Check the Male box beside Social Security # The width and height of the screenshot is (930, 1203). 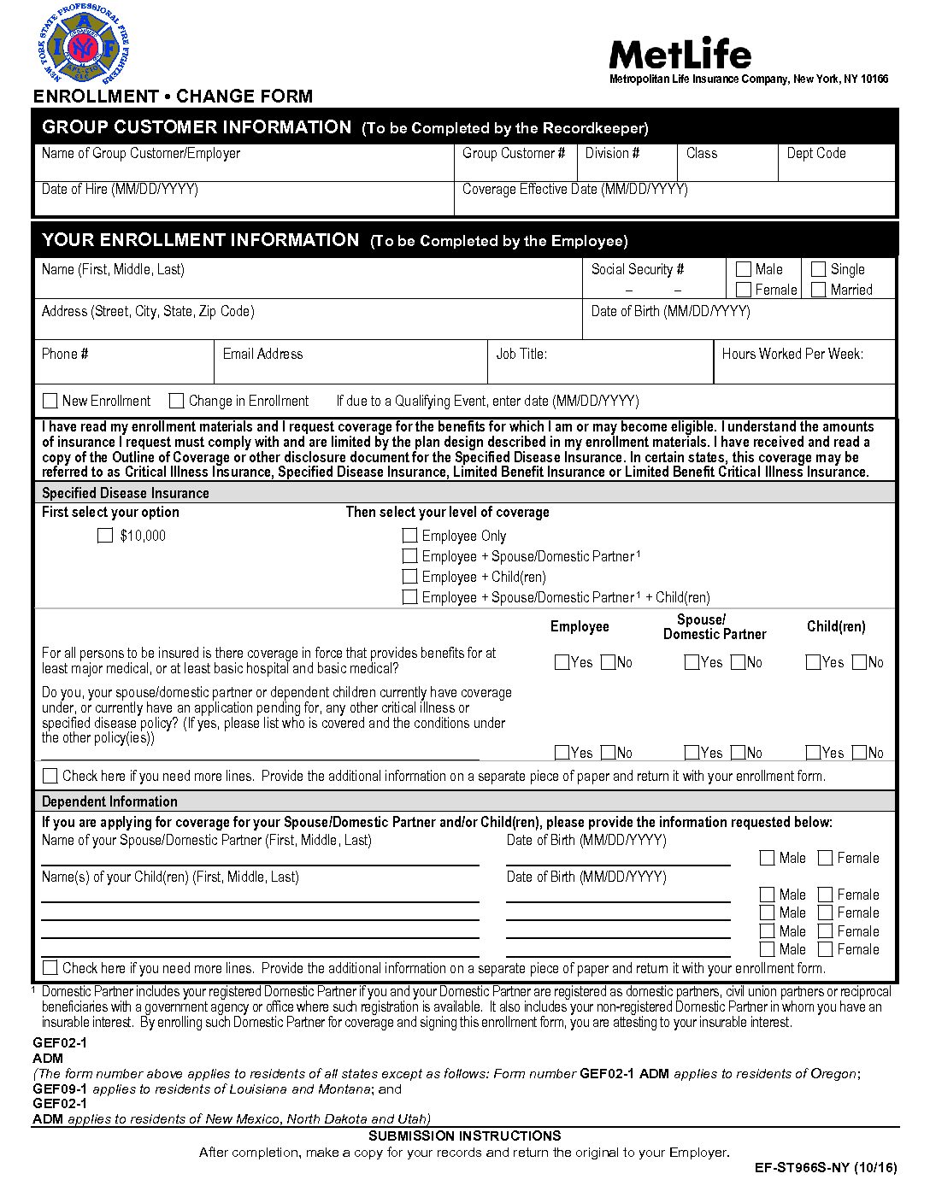coord(744,269)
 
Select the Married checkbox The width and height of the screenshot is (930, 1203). coord(818,290)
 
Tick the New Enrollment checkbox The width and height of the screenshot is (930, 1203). coord(50,401)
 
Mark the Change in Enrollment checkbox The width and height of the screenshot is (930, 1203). coord(177,401)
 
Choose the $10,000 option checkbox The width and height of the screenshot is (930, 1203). coord(105,536)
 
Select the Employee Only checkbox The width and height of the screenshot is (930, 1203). coord(410,536)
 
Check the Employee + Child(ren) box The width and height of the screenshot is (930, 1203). coord(410,577)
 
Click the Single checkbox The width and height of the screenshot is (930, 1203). coord(818,269)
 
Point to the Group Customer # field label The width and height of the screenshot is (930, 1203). coord(514,154)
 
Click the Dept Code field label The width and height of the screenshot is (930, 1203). coord(816,154)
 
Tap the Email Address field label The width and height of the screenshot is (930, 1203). coord(262,354)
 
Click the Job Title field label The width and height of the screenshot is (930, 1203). coord(521,354)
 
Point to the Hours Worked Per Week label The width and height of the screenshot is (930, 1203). coord(792,354)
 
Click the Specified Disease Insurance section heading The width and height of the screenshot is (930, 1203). coord(126,493)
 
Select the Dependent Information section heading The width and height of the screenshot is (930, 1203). coord(109,801)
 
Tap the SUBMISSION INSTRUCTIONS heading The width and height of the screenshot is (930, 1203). coord(464,1136)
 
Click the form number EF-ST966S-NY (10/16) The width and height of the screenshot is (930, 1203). coord(826,1168)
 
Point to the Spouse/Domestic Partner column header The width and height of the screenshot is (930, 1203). coord(715,626)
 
